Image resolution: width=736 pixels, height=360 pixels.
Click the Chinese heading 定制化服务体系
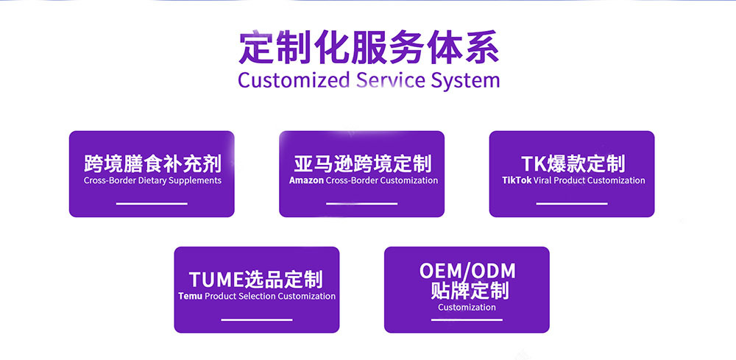tap(369, 47)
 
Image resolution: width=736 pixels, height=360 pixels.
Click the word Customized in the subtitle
tap(294, 80)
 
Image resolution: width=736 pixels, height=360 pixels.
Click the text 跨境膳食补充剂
tap(152, 164)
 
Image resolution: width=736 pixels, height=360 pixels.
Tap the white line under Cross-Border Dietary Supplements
tap(152, 204)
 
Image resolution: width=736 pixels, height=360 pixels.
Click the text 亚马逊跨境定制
tap(362, 164)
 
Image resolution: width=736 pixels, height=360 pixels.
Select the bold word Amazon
tap(306, 180)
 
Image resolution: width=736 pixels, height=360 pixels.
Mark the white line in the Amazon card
tap(362, 204)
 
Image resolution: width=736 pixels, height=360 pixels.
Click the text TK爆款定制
tap(573, 164)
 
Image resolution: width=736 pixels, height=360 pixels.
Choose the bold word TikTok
tap(517, 180)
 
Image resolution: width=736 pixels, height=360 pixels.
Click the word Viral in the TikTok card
tap(542, 180)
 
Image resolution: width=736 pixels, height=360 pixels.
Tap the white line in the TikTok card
tap(572, 204)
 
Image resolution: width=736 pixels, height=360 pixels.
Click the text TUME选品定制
tap(256, 280)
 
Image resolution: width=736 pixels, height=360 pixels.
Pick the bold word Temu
tap(191, 296)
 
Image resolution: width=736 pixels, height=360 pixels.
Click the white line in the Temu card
tap(257, 320)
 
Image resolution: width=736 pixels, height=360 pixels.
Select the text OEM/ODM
tap(467, 271)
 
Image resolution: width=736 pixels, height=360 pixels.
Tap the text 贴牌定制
tap(470, 291)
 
